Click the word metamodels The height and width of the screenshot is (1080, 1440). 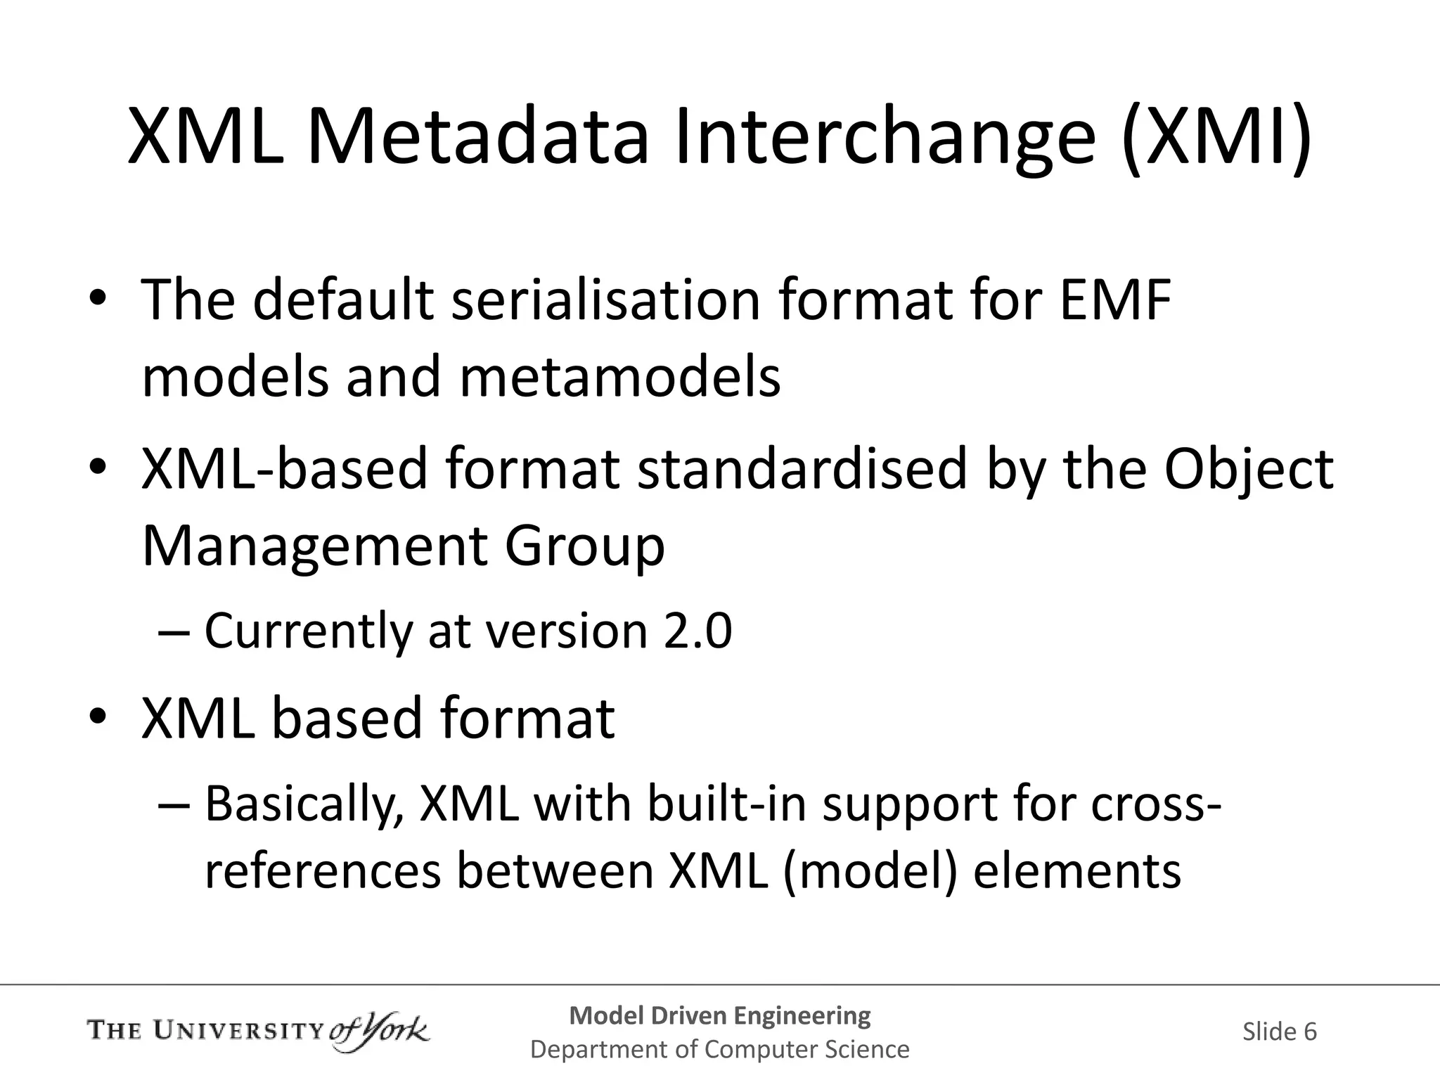click(x=619, y=377)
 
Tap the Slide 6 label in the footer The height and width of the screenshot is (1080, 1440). click(x=1279, y=1031)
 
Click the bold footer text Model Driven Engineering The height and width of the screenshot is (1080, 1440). click(x=719, y=1015)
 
